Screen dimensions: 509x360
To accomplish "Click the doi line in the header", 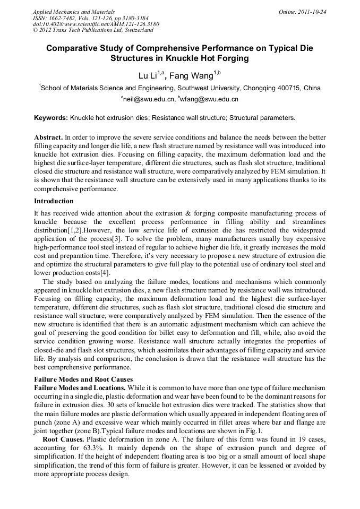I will [96, 24].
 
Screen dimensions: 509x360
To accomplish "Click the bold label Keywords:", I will [51, 118].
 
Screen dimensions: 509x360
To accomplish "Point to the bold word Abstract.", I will [48, 136].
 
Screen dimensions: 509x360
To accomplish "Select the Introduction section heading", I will [54, 201].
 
